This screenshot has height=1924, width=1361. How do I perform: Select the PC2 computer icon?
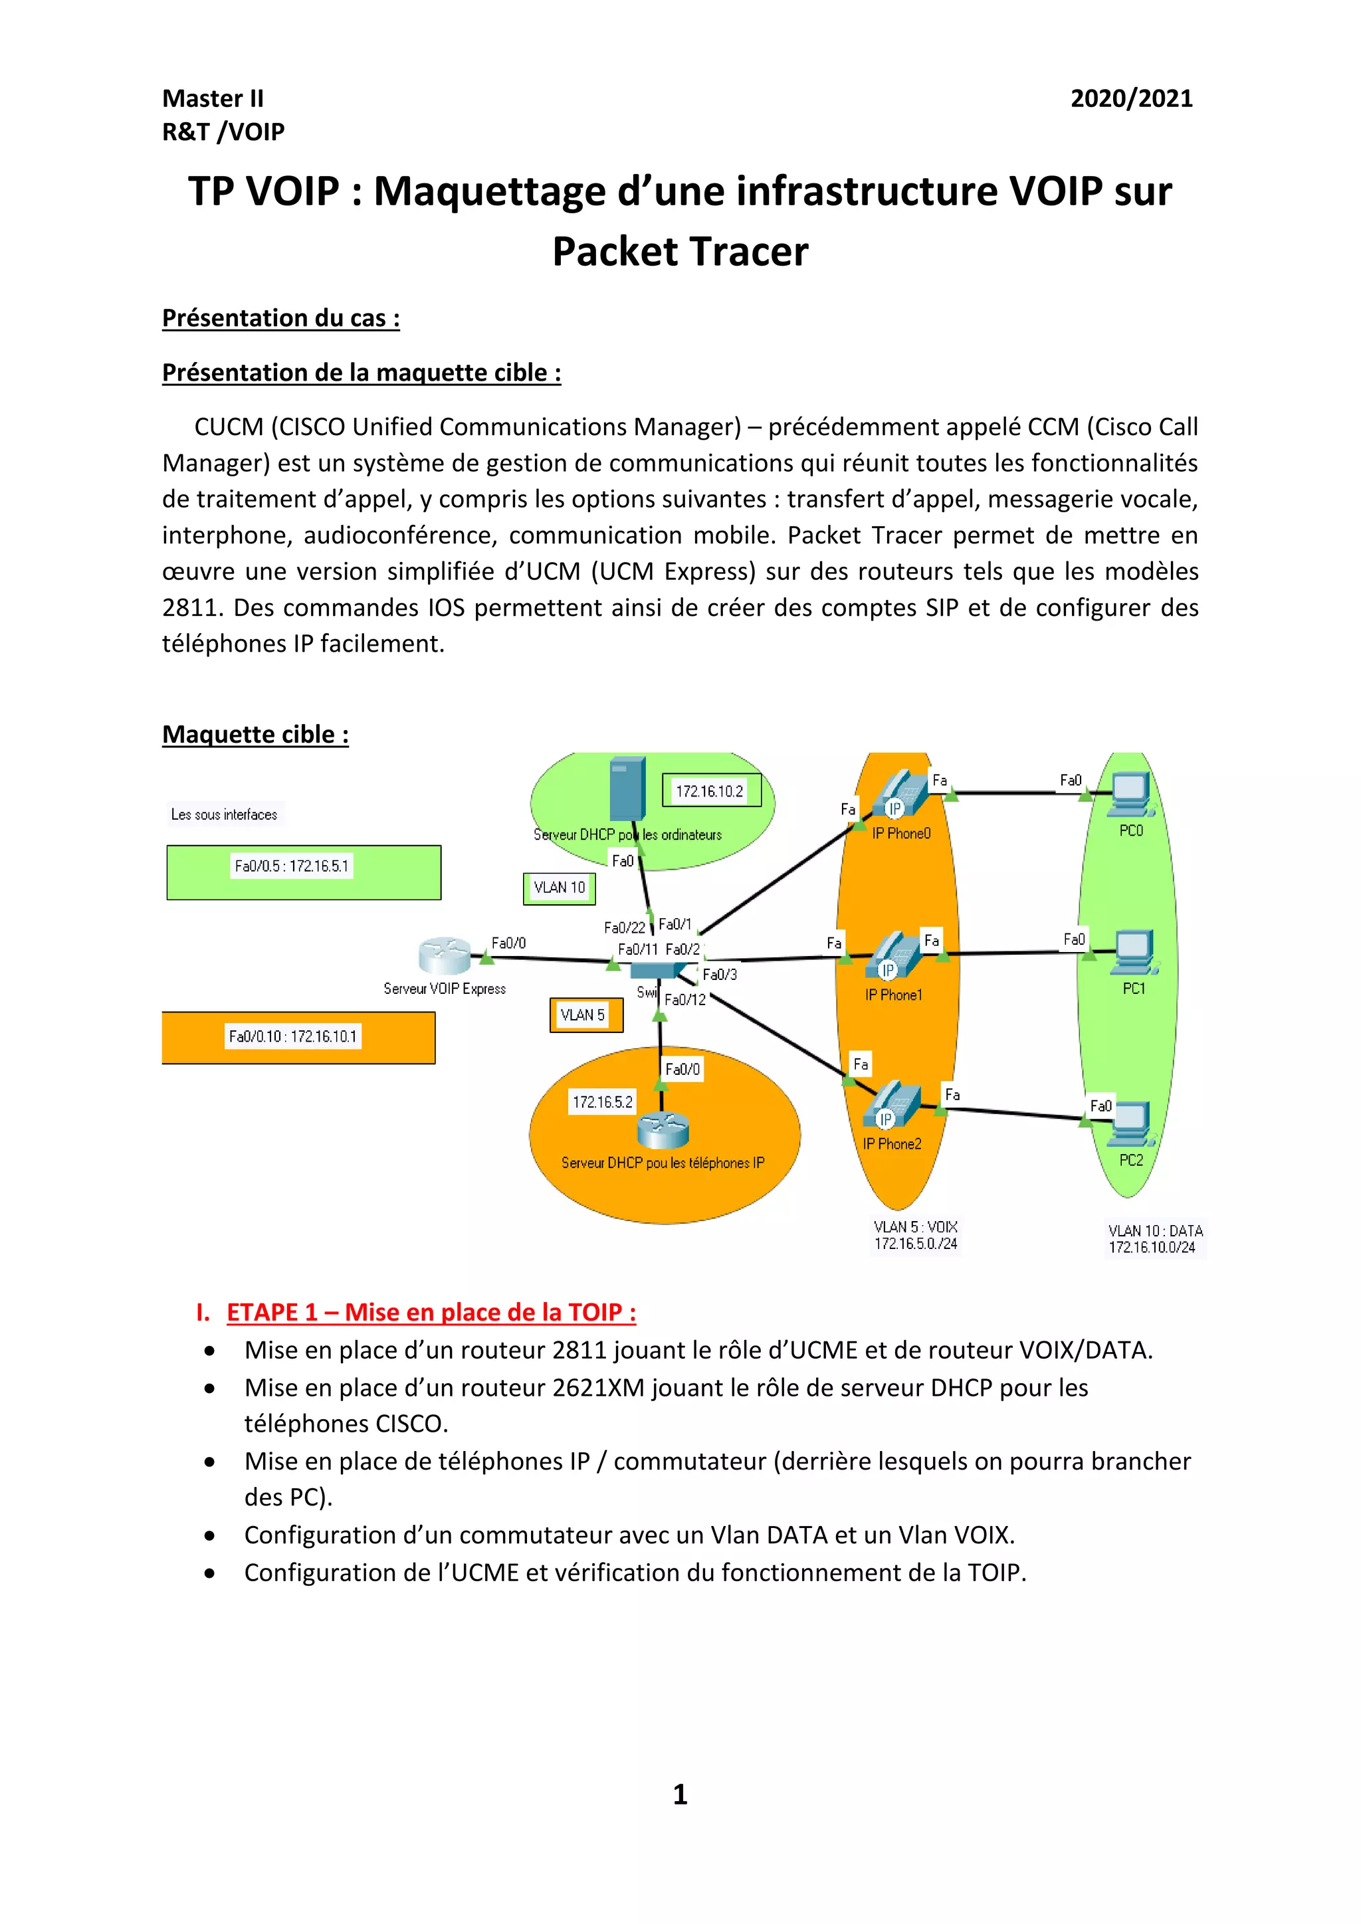(1130, 1123)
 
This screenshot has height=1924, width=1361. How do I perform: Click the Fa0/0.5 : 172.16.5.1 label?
(292, 866)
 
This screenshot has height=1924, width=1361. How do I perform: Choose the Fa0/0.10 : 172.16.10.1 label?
(292, 1036)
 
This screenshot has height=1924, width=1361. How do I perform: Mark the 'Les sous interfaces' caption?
(224, 815)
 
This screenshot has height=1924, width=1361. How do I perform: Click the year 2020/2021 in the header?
(1130, 99)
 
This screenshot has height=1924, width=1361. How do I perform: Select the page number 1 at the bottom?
(680, 1795)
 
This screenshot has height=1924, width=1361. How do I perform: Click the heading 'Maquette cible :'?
(255, 734)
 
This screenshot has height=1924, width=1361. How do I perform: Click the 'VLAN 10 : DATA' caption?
(1155, 1231)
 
